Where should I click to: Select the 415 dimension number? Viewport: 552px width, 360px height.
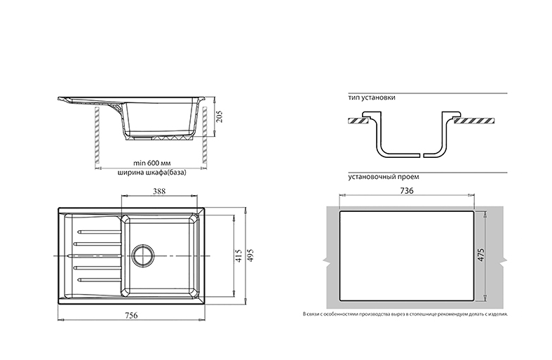coord(238,255)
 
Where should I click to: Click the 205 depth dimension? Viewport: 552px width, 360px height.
coord(220,116)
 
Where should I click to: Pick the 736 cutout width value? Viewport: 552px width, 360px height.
coord(408,191)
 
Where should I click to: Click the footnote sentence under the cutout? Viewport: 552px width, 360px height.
coord(405,314)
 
